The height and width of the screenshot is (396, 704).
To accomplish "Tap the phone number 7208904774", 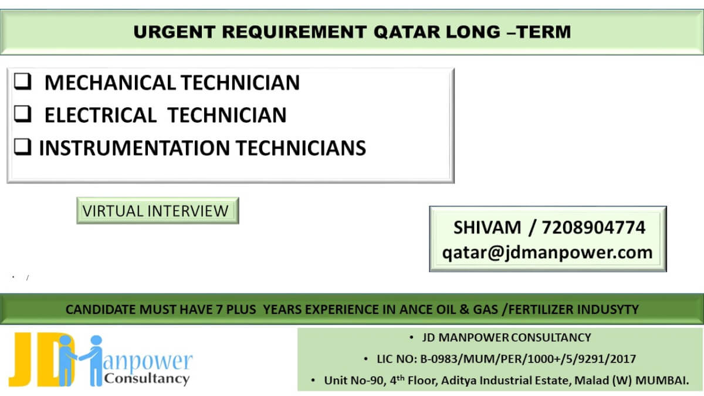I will click(594, 228).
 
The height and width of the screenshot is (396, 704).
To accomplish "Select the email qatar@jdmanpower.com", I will click(547, 252).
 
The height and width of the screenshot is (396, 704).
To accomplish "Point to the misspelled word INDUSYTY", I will click(604, 309).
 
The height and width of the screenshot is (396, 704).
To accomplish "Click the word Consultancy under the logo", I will click(147, 378).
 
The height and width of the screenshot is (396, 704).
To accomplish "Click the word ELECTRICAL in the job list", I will click(100, 114).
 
